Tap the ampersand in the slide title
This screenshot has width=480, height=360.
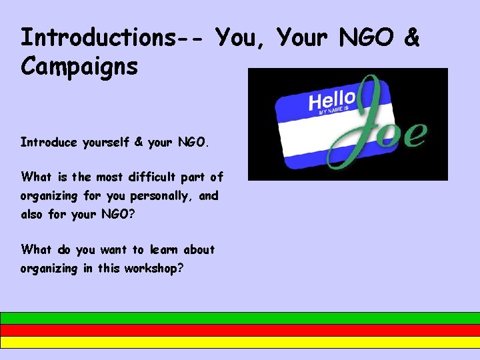pyautogui.click(x=411, y=37)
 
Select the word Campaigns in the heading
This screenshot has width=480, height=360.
pyautogui.click(x=79, y=67)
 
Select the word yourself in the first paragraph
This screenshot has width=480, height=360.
pyautogui.click(x=105, y=142)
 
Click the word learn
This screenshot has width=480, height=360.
pyautogui.click(x=163, y=250)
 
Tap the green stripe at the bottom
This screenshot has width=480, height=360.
pyautogui.click(x=240, y=318)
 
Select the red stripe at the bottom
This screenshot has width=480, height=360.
pyautogui.click(x=240, y=330)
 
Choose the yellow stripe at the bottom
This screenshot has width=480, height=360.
pyautogui.click(x=240, y=342)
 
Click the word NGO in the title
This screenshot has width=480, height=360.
pyautogui.click(x=367, y=37)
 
